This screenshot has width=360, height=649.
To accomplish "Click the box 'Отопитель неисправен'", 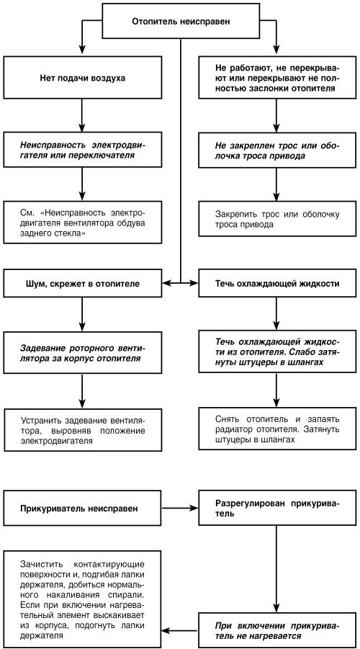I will coord(180,22).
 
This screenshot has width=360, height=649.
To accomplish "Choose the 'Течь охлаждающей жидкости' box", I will coord(276,284).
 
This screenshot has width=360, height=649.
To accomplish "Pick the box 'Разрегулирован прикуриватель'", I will coord(276,509).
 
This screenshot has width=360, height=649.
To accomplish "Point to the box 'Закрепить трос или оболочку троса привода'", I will coord(276,219).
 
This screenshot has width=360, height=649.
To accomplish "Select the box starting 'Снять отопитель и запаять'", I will coord(276,429).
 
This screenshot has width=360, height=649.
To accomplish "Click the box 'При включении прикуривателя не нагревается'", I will coord(276,629).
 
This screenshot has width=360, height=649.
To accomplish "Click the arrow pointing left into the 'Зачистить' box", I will coord(179,630).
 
